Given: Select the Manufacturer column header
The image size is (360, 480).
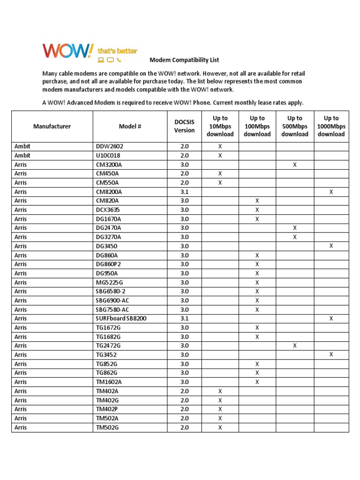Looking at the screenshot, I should (x=52, y=126).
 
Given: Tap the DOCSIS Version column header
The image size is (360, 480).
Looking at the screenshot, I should (x=184, y=126).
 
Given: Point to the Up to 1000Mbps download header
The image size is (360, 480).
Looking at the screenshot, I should (x=331, y=126).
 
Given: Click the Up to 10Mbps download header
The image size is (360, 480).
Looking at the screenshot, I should (x=220, y=126).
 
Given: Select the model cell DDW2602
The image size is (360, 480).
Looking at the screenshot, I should (x=109, y=146).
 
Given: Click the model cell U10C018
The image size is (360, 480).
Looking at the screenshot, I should (x=109, y=156).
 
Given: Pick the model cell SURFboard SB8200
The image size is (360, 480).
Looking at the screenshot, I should (x=121, y=319).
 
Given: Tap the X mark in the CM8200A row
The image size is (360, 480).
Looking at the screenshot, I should (x=331, y=192).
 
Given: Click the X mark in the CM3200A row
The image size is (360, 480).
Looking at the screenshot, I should (x=294, y=165).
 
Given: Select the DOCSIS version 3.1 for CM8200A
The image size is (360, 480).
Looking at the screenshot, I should (x=184, y=192).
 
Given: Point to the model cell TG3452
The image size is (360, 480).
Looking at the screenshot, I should (x=107, y=355).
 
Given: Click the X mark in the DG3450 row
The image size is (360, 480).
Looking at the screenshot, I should (x=331, y=246).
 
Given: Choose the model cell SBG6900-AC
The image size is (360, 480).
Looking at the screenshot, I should (x=112, y=300).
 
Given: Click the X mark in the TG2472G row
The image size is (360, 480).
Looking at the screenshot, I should (x=294, y=345).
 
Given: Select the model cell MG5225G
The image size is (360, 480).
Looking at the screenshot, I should (x=109, y=283).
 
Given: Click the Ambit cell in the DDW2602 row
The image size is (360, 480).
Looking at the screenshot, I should (x=22, y=146).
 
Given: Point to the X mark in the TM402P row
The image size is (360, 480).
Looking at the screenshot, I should (x=220, y=409).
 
